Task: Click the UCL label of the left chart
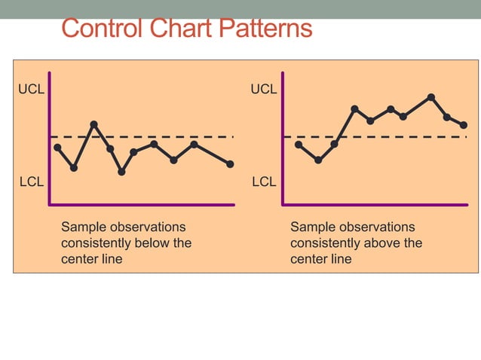click(31, 90)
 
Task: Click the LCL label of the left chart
click(31, 182)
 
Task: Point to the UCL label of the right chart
click(264, 90)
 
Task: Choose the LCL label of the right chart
click(264, 182)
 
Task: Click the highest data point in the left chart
click(93, 124)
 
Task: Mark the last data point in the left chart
click(230, 163)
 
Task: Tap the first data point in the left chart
click(57, 148)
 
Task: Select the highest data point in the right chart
click(431, 97)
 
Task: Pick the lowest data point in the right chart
click(318, 160)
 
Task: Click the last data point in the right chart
click(464, 125)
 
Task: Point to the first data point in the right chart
click(299, 144)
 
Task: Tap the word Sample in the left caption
click(83, 227)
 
